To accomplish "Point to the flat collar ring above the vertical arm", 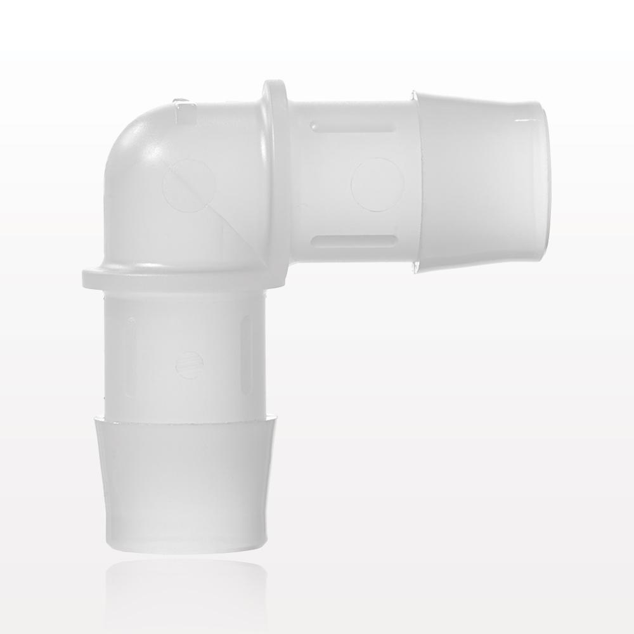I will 178,280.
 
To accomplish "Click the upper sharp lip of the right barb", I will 415,93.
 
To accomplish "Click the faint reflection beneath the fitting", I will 186,583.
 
